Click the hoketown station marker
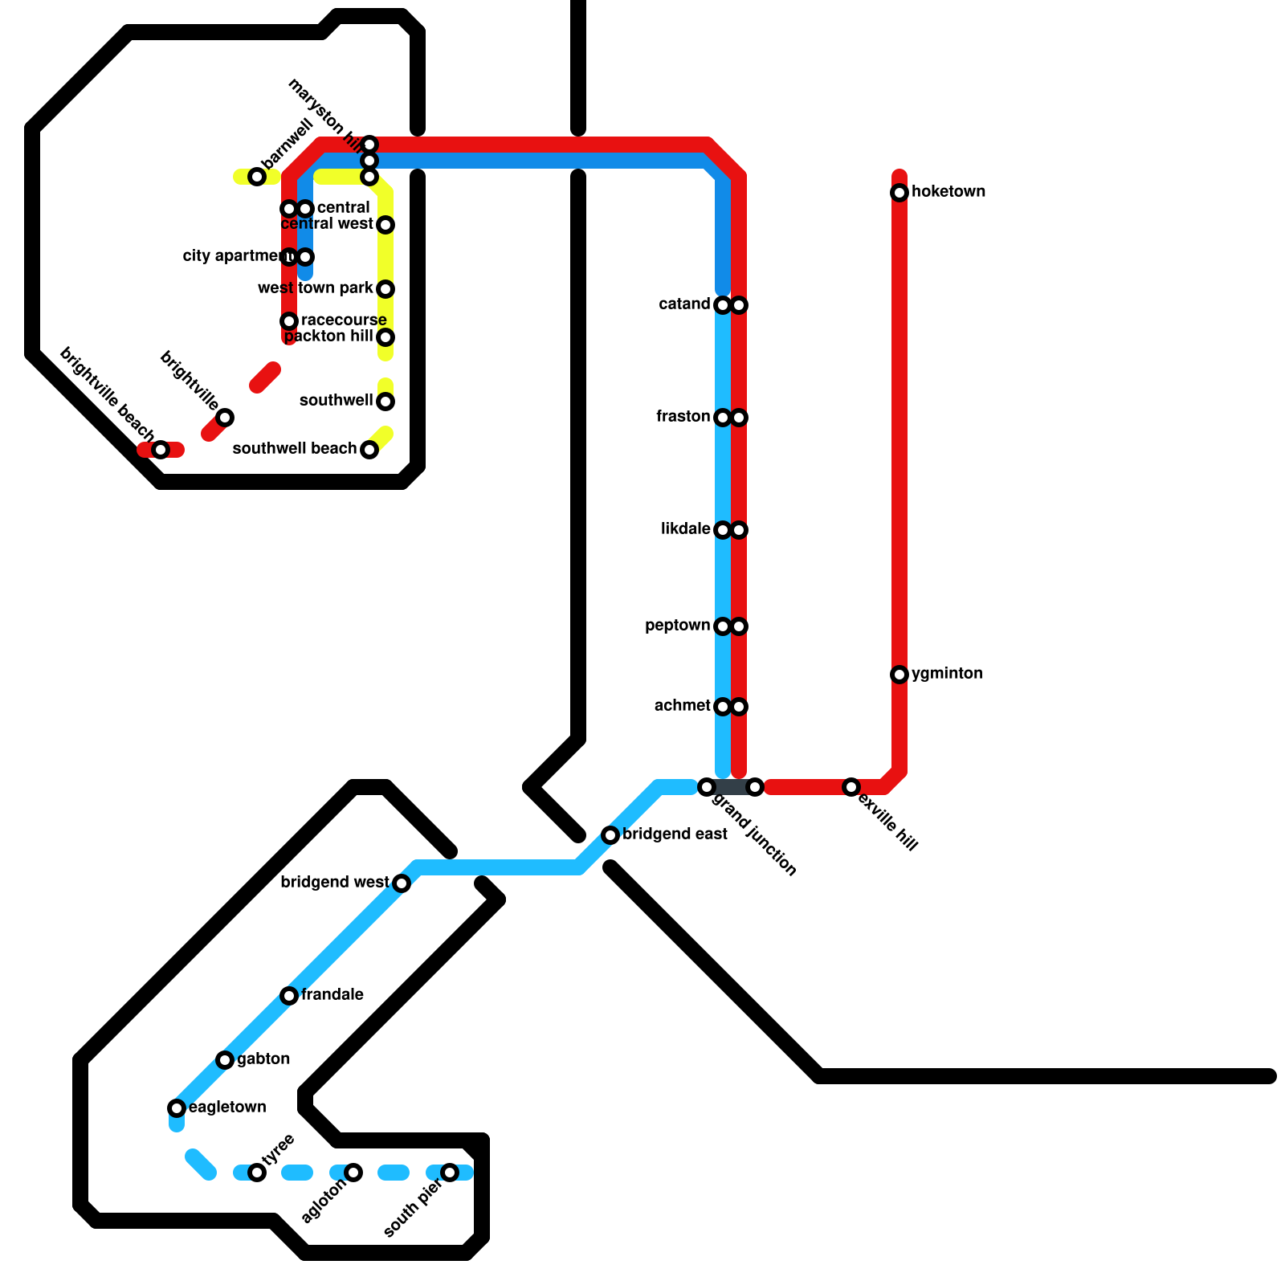[899, 193]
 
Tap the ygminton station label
[947, 673]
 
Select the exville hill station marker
[851, 787]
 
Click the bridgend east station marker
[610, 835]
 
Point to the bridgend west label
[334, 883]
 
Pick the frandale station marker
[289, 996]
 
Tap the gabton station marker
[226, 1060]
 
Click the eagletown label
[227, 1107]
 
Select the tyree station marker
[257, 1173]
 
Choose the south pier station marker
[450, 1173]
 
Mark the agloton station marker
[353, 1173]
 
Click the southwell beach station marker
[369, 450]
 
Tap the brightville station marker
[226, 418]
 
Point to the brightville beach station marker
[161, 450]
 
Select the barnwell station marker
[257, 177]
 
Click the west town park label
[316, 288]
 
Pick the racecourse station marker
[289, 321]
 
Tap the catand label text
[684, 304]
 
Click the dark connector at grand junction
[731, 787]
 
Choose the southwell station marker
[385, 402]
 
